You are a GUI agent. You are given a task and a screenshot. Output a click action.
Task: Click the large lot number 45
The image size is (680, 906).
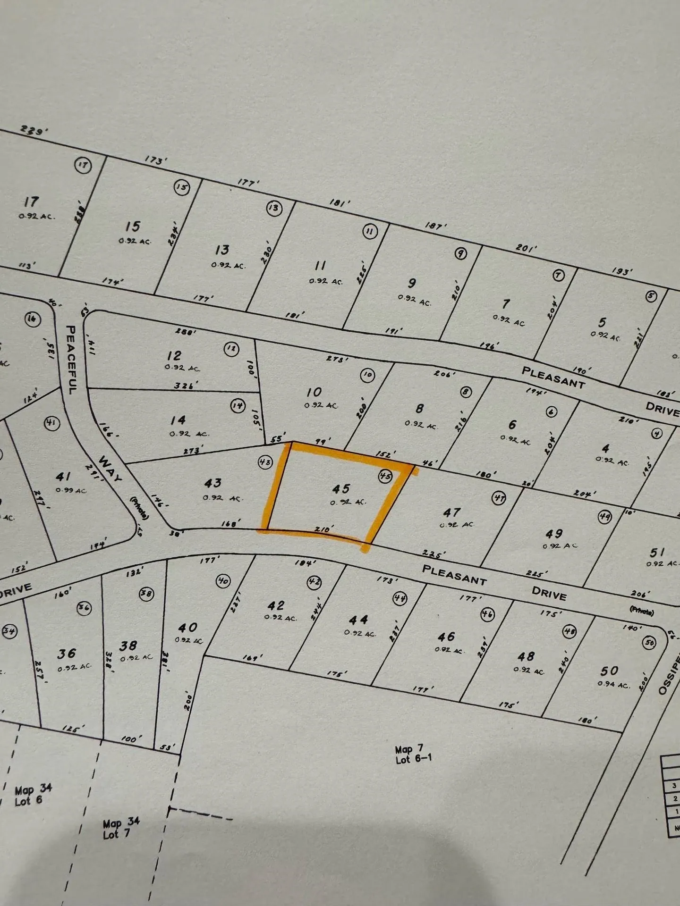[x=341, y=489]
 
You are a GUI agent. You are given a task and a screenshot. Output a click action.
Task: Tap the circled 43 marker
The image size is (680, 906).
[x=265, y=462]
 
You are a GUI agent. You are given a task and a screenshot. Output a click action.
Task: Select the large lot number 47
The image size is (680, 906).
[x=452, y=512]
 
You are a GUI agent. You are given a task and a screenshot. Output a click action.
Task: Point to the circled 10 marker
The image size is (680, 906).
[x=367, y=375]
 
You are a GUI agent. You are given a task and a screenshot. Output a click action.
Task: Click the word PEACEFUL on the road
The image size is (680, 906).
[x=72, y=360]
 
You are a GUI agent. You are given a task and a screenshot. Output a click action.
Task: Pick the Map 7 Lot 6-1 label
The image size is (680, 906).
[x=414, y=754]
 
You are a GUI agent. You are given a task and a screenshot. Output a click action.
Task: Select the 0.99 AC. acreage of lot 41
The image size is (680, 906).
[x=71, y=490]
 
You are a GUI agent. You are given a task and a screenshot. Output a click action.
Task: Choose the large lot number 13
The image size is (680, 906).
[x=222, y=250]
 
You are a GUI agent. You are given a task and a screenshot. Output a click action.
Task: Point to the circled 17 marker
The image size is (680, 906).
[x=84, y=165]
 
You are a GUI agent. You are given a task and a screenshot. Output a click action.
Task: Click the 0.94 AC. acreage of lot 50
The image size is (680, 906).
[x=613, y=684]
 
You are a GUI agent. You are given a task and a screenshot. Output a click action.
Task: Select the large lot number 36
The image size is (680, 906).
[x=67, y=654]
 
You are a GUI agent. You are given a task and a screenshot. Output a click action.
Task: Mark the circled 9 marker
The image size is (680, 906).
[x=460, y=253]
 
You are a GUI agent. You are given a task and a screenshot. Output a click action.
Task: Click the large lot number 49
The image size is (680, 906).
[x=554, y=534]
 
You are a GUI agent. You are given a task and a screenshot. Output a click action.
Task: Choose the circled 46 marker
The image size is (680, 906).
[x=487, y=614]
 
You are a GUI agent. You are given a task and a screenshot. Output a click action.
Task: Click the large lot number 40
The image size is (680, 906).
[x=187, y=628]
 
